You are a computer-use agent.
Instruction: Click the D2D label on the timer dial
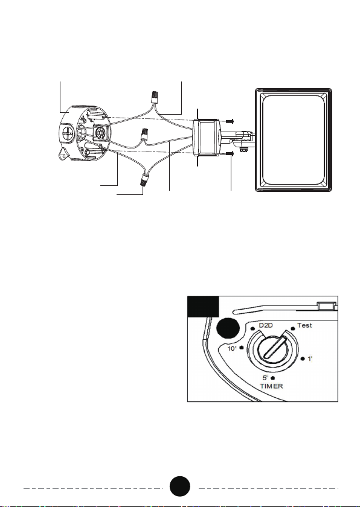(266, 325)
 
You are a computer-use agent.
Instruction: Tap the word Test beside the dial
(304, 325)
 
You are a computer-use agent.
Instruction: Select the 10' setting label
(232, 349)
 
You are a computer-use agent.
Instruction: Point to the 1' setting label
(310, 359)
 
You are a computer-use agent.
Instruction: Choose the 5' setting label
(265, 378)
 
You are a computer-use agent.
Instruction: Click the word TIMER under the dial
(272, 386)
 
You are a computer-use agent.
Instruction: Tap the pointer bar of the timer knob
(275, 347)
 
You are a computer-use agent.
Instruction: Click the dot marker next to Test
(293, 328)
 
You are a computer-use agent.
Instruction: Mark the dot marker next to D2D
(252, 329)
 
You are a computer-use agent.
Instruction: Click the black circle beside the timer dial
(228, 329)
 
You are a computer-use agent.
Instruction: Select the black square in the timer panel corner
(203, 306)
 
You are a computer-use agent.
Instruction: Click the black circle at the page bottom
(180, 486)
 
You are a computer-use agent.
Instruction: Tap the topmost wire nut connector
(155, 97)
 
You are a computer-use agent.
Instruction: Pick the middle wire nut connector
(144, 135)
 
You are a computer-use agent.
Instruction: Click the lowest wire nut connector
(144, 179)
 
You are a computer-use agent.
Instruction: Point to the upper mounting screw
(230, 121)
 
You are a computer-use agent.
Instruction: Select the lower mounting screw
(229, 153)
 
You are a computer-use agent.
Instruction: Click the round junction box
(85, 133)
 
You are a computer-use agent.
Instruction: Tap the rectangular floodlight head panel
(294, 139)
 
